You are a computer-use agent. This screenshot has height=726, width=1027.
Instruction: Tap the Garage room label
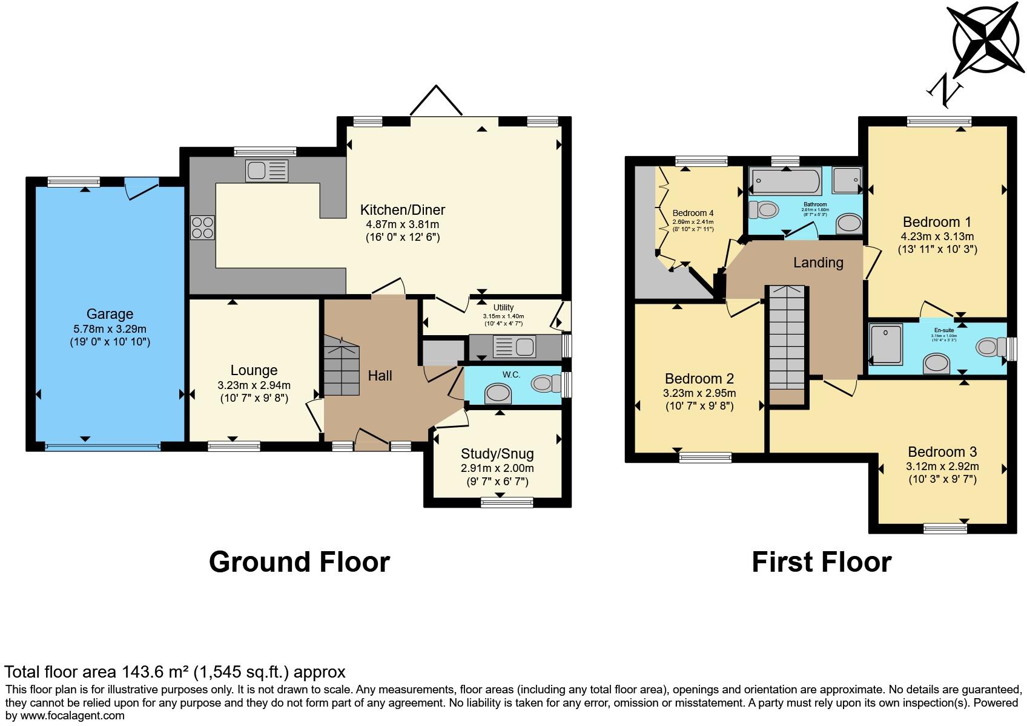110,314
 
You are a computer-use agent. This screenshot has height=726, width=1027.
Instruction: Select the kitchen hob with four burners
202,228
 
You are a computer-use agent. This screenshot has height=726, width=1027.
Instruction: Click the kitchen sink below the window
266,170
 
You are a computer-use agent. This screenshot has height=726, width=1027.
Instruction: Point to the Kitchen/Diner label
402,210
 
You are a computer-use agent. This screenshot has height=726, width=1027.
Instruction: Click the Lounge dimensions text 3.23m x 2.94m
254,385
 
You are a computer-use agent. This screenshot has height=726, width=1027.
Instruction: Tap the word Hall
380,376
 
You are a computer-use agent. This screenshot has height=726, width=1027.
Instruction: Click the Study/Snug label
497,454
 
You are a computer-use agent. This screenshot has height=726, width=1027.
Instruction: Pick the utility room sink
515,347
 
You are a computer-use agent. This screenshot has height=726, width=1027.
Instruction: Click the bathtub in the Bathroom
785,180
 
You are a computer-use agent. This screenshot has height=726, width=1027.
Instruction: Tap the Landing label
818,263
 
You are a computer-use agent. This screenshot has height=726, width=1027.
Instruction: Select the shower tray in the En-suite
886,343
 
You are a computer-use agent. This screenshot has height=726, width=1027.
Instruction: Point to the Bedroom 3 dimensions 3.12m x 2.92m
942,466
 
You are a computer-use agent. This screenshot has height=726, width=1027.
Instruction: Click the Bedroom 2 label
699,379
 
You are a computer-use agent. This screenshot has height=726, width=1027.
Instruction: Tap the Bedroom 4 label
693,213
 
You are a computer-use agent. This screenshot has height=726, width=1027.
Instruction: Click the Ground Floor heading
299,562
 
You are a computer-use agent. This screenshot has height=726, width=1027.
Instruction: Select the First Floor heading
821,562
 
